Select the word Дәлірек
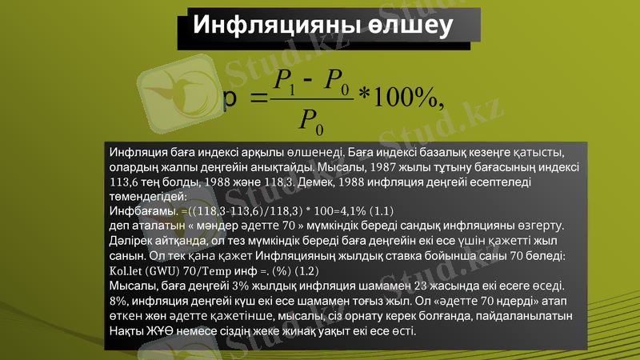point(130,241)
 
